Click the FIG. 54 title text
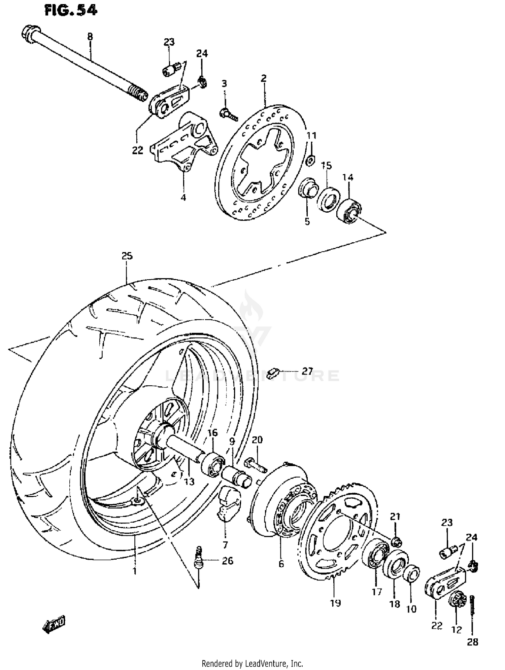(x=71, y=10)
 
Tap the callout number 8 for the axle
(x=90, y=36)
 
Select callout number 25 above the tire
(x=127, y=256)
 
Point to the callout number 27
(x=307, y=371)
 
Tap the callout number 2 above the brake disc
(x=264, y=78)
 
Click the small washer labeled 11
(x=310, y=161)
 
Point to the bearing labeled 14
(x=349, y=211)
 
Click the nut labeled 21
(x=397, y=542)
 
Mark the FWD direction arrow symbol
(x=54, y=625)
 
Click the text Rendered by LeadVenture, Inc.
(x=252, y=664)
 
